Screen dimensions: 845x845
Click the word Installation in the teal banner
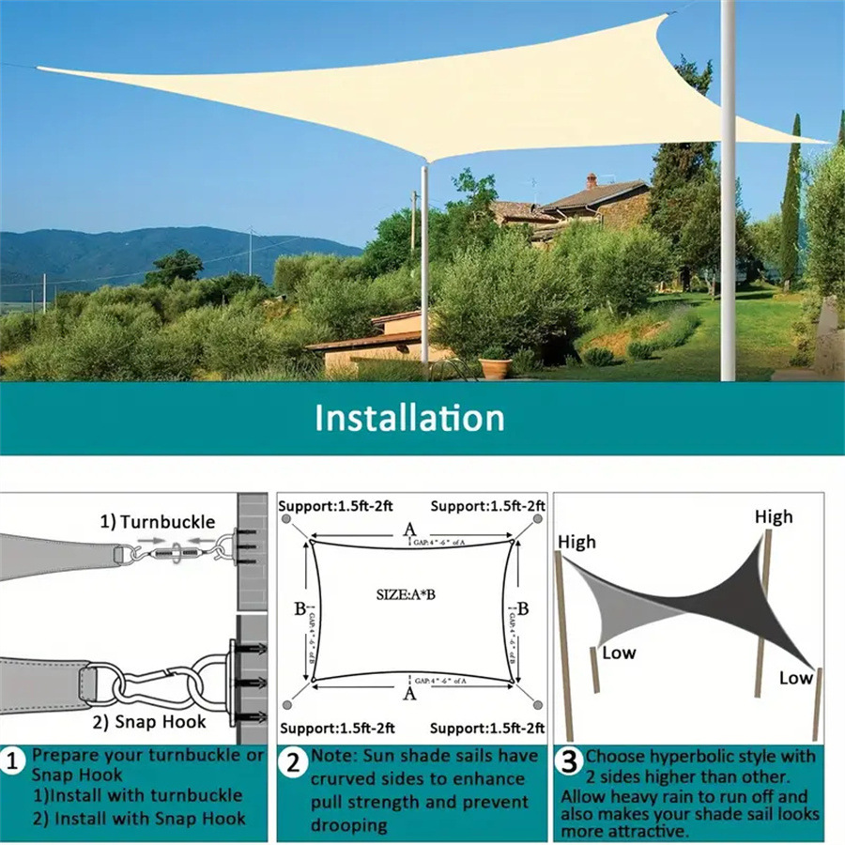click(x=409, y=417)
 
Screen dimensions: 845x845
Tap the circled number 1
click(x=13, y=761)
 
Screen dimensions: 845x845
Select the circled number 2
click(x=294, y=762)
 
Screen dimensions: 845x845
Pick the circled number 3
click(x=567, y=761)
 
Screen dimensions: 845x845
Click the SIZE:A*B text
click(x=409, y=593)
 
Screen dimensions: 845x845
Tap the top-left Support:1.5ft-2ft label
click(x=337, y=506)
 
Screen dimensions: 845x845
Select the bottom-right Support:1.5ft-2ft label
click(x=487, y=728)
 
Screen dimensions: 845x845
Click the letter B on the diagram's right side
click(x=522, y=608)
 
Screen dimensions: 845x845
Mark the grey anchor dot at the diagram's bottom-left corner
click(x=285, y=704)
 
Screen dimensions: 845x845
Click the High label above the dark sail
click(x=774, y=516)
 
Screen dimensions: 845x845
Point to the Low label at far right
click(x=795, y=677)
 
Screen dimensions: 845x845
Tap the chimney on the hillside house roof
click(x=591, y=179)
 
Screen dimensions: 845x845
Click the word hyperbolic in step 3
click(x=692, y=757)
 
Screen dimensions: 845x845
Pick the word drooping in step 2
click(x=349, y=825)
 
